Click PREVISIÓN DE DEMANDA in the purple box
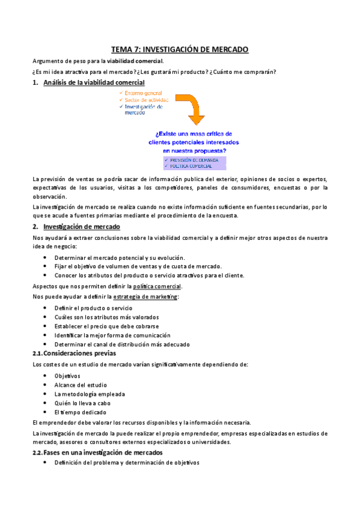pos(190,160)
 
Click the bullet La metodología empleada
pos(90,394)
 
